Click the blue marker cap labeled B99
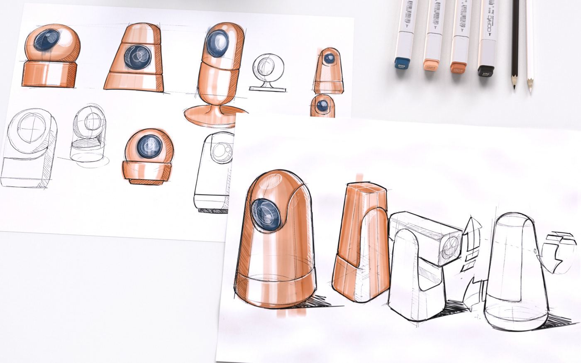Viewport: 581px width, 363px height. point(402,64)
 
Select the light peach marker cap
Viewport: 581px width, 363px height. point(431,66)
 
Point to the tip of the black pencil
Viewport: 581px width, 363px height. point(513,87)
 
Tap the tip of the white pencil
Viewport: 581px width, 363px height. point(530,89)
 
